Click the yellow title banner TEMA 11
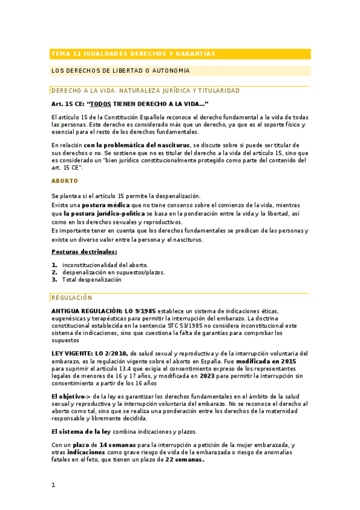(x=180, y=54)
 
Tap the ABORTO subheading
(x=64, y=180)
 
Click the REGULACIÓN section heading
(x=72, y=297)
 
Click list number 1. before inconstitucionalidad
(x=54, y=265)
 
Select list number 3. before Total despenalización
(x=54, y=280)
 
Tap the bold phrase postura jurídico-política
(x=104, y=214)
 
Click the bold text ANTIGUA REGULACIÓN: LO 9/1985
(x=103, y=310)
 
